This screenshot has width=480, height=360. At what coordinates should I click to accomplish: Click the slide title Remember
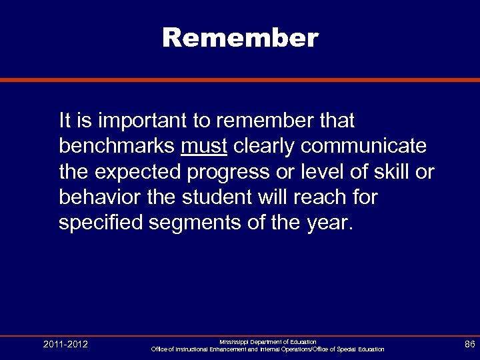tap(240, 38)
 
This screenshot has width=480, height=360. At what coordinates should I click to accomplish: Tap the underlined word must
tap(204, 146)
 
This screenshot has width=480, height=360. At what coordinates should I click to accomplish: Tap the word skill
tap(393, 172)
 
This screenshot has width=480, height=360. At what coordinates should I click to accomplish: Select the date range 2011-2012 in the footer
tap(65, 345)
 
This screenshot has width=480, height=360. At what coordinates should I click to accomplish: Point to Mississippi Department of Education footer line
tap(268, 341)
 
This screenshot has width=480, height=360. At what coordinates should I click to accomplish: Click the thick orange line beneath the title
tap(240, 80)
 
